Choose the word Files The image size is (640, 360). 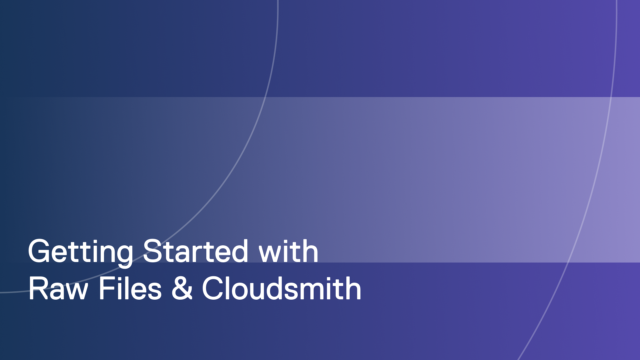tap(130, 289)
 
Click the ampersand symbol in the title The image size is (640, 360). tap(182, 289)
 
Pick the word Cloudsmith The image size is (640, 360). tap(282, 289)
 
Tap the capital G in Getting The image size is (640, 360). tap(40, 251)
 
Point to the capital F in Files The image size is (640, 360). tap(106, 289)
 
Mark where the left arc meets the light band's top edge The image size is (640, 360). tap(266, 97)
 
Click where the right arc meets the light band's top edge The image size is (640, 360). tap(611, 97)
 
